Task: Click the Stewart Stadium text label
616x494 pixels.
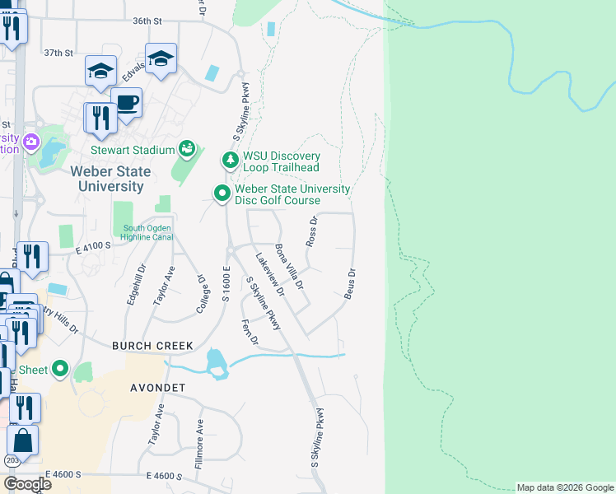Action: point(132,150)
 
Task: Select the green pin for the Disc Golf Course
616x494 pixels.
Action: point(222,194)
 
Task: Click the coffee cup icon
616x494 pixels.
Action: point(126,103)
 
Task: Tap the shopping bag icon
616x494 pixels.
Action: point(23,440)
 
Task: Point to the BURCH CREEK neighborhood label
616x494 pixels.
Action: point(152,346)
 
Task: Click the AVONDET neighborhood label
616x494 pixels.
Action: point(161,386)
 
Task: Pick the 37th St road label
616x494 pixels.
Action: point(58,53)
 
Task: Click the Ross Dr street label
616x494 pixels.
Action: point(311,232)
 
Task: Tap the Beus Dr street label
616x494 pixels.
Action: point(350,283)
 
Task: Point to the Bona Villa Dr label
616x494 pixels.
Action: point(289,267)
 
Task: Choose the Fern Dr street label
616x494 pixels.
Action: point(248,331)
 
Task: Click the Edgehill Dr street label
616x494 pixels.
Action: point(136,285)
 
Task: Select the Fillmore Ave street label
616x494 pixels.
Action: point(198,445)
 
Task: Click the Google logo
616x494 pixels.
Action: point(28,483)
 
